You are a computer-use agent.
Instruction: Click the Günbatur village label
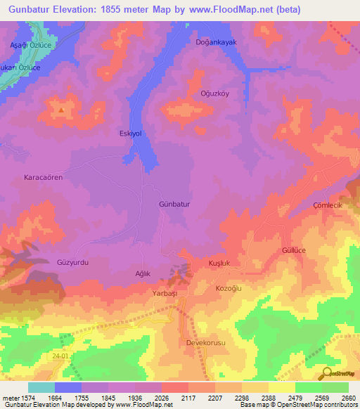click(x=174, y=204)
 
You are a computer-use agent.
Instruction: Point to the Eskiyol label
click(x=130, y=133)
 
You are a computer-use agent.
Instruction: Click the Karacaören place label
click(x=44, y=177)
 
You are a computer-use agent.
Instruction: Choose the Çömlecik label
click(x=327, y=204)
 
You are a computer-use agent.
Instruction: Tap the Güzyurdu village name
click(x=72, y=261)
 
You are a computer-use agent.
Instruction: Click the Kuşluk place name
click(x=220, y=263)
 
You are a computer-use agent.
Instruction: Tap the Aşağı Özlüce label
click(x=30, y=44)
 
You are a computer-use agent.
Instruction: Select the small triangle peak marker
click(x=62, y=110)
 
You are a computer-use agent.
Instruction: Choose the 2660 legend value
click(x=347, y=398)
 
